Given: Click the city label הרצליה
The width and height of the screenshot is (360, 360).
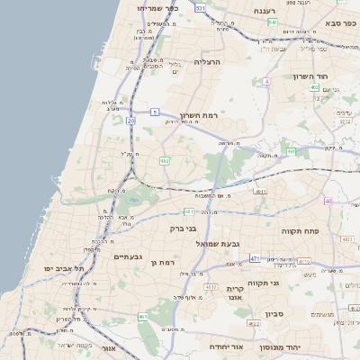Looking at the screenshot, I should click(208, 62).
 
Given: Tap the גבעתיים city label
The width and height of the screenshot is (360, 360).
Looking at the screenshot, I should click(128, 256).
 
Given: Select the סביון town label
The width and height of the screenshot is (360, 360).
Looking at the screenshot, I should click(274, 314).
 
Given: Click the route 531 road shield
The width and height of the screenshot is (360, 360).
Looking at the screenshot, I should click(201, 8).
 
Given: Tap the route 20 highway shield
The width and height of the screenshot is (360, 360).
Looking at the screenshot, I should click(130, 119).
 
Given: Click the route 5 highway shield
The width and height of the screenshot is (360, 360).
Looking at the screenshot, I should click(155, 112).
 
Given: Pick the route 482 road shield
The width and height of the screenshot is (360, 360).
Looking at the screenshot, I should click(165, 161).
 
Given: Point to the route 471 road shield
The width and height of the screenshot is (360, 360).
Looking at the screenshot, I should click(255, 258).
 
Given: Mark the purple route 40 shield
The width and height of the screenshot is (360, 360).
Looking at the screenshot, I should click(328, 201).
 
